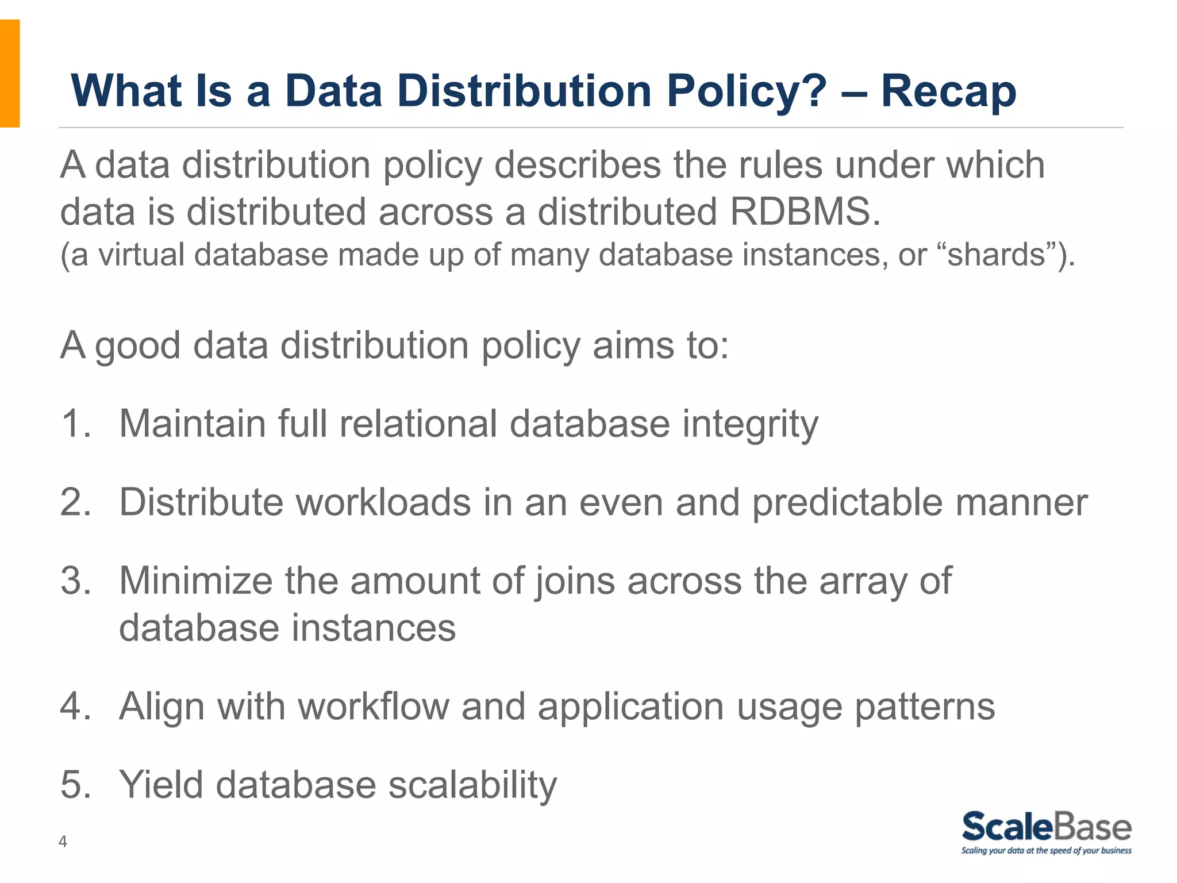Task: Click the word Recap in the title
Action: (x=948, y=91)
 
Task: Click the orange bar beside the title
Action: (x=10, y=73)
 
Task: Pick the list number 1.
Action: (x=75, y=424)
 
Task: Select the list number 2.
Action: (x=75, y=502)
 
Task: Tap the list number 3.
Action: (x=75, y=581)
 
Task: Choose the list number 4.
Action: (x=75, y=706)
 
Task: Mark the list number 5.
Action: (x=75, y=785)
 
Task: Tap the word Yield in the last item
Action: (x=161, y=785)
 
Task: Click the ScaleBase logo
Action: (x=1046, y=832)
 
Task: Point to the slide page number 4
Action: (x=63, y=842)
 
